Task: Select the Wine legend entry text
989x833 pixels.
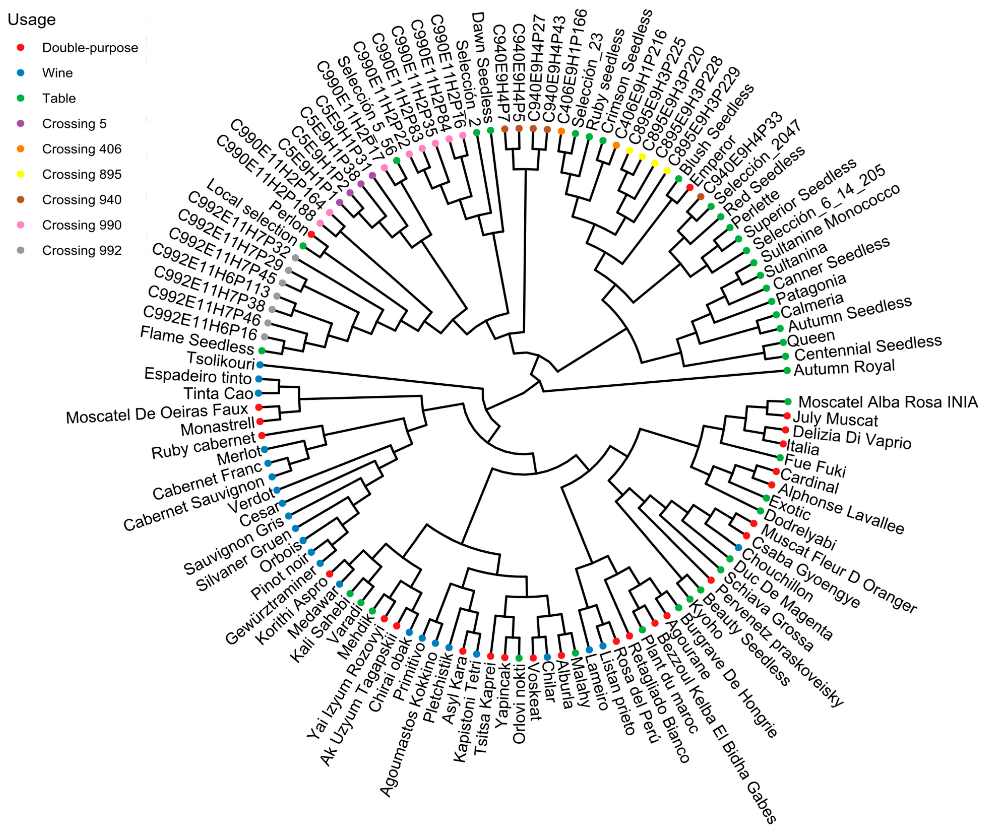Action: pos(57,73)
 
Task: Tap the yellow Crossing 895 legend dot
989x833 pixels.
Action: pos(20,174)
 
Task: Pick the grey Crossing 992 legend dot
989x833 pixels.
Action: pos(20,250)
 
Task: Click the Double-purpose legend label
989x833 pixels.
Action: pos(90,48)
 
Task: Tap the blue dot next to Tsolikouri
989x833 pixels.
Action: pos(259,364)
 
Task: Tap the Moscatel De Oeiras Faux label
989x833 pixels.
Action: pos(157,414)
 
